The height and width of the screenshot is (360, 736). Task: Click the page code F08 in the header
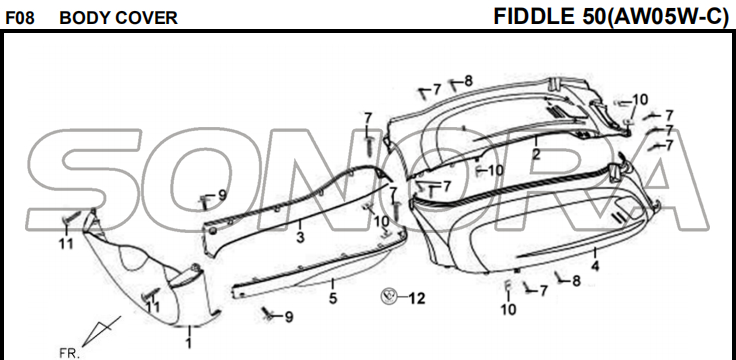coord(19,18)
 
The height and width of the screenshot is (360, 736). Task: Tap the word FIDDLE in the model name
coord(534,16)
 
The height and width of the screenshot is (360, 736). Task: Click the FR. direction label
coord(69,353)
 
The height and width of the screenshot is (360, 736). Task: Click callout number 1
coord(189,343)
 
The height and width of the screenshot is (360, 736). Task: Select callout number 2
coord(536,154)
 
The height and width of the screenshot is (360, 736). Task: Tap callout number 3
coord(300,237)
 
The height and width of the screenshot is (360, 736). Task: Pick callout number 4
coord(595,266)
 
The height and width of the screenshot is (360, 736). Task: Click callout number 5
coord(333,298)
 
